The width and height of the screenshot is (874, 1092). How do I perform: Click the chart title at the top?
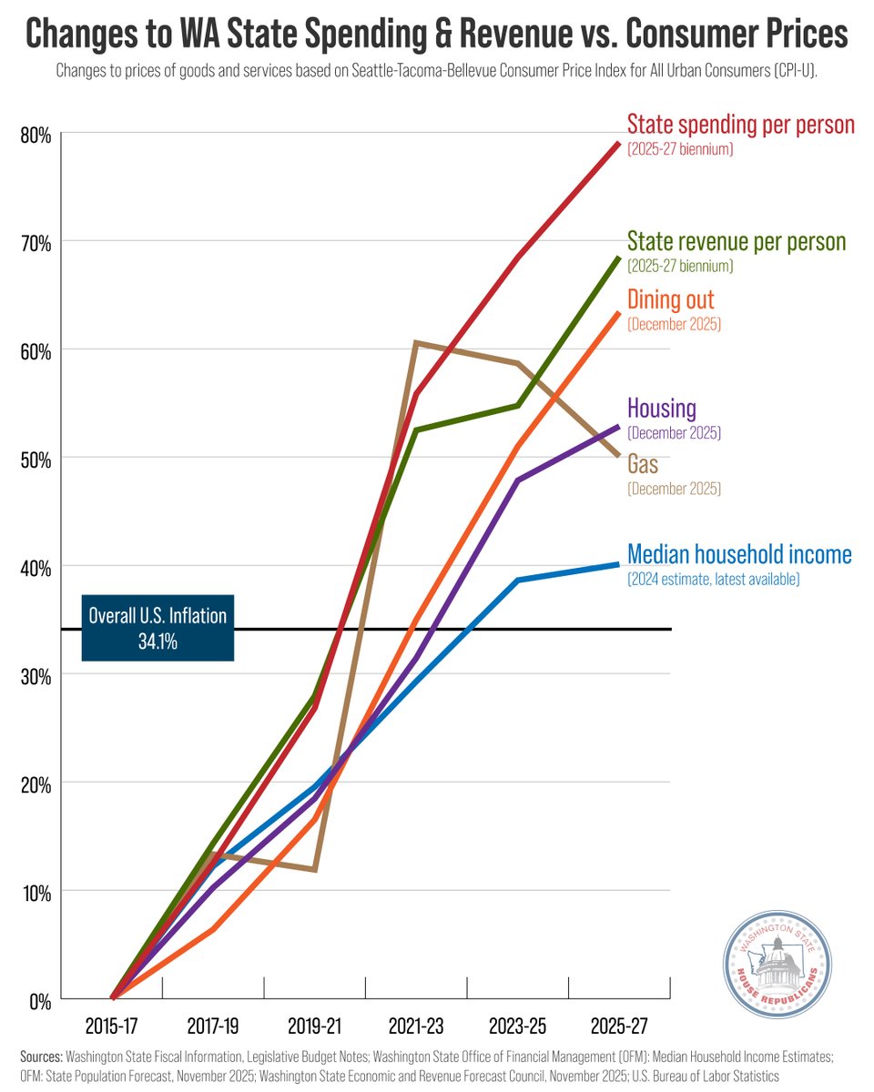437,35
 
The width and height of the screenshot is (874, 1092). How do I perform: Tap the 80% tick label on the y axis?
36,135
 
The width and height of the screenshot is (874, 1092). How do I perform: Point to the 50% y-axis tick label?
36,459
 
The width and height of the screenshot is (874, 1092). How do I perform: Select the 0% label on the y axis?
39,1000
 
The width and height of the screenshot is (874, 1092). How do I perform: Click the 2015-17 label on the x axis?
111,1026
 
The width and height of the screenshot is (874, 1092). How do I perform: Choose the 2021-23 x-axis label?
416,1026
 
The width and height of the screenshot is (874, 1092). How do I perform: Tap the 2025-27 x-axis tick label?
620,1026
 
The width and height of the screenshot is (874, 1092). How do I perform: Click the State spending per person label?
741,124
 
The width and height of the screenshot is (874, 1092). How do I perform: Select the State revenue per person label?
737,242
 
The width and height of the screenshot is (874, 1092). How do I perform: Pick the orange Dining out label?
671,300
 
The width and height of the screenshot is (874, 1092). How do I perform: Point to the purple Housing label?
662,409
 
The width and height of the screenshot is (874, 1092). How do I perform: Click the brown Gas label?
643,465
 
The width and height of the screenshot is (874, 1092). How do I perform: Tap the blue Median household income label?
739,554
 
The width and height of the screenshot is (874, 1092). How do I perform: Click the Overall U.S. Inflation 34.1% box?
158,628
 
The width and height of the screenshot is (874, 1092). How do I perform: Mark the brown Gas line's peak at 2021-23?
415,343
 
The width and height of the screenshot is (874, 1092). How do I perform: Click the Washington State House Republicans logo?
777,967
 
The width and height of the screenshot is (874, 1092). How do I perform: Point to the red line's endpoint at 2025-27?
619,143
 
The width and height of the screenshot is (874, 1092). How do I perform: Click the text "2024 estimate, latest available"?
714,579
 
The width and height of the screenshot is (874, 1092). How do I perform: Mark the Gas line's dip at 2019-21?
314,870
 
